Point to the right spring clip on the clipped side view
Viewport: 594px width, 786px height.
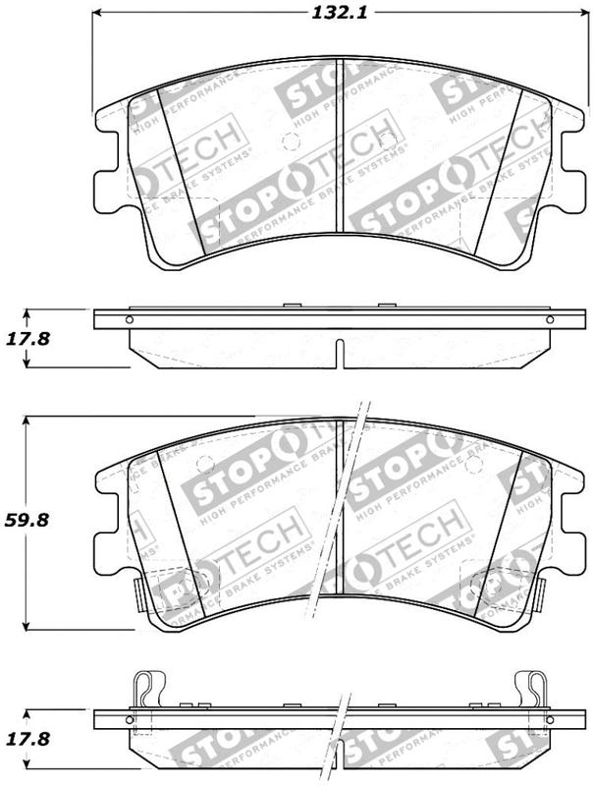[x=531, y=688]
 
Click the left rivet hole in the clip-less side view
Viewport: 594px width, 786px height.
[x=128, y=319]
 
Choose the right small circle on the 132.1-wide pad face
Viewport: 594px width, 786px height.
[x=388, y=139]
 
